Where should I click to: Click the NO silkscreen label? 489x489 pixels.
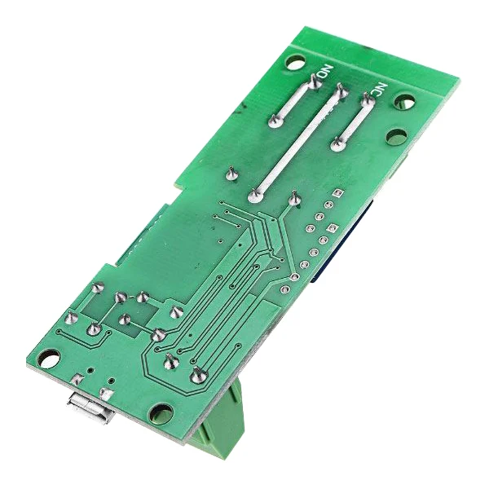[325, 72]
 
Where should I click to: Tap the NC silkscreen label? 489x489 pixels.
[379, 90]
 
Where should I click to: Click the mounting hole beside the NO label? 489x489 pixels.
[296, 62]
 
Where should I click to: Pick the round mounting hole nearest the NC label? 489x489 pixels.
[405, 102]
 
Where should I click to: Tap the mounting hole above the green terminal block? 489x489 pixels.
[161, 414]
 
